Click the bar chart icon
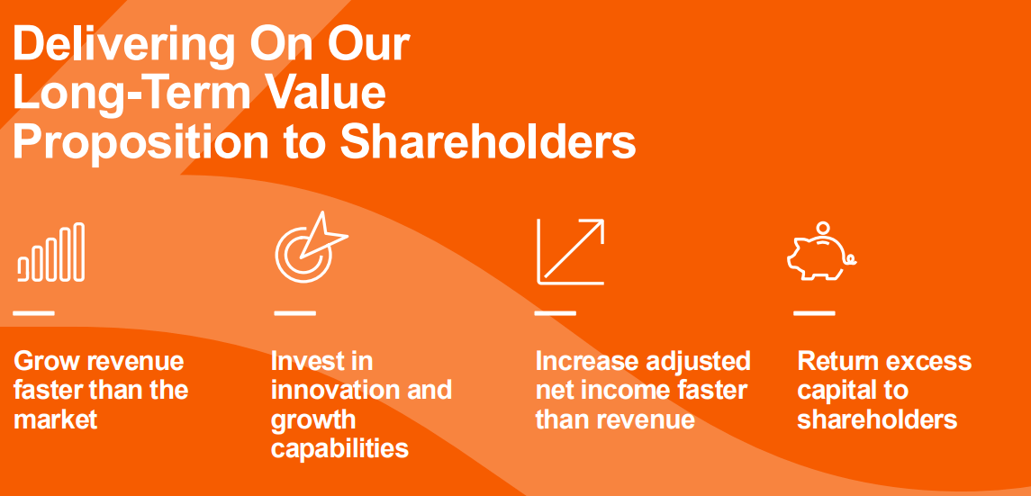[51, 252]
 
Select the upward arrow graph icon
[571, 251]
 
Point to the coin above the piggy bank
[822, 227]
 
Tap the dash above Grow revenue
[34, 313]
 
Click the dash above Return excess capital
[814, 313]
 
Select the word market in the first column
[56, 419]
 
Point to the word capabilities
[339, 448]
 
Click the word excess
[927, 362]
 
